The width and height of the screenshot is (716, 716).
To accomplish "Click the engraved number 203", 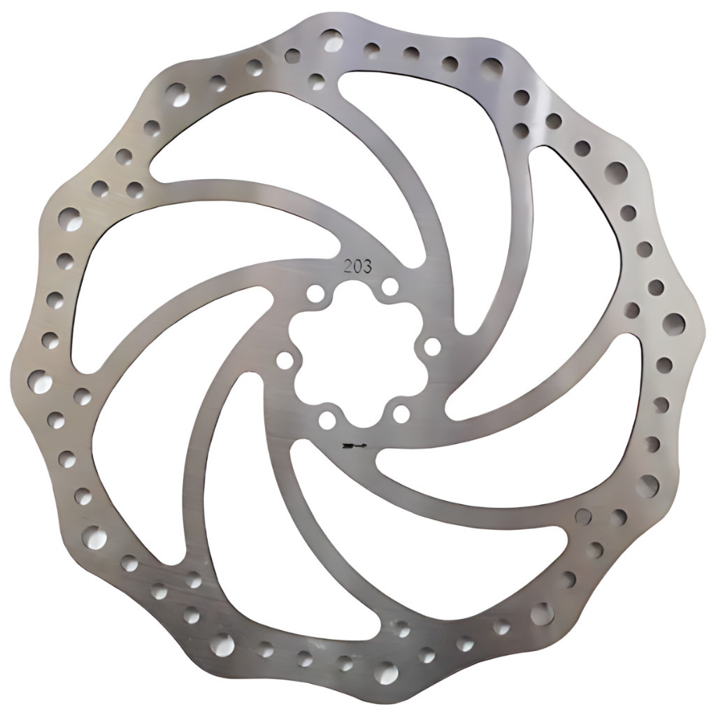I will click(357, 266).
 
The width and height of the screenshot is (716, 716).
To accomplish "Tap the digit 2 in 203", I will click(348, 266).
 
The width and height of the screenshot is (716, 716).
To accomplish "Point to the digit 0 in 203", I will click(357, 266).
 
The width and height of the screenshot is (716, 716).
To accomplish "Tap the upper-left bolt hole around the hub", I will click(316, 292).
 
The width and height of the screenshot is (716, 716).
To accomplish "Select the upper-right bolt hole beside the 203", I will click(390, 286).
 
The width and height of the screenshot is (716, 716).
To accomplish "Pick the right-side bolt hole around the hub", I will click(432, 346).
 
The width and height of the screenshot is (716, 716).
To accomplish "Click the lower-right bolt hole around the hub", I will click(401, 414).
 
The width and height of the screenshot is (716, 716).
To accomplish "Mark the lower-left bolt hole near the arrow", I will click(327, 420).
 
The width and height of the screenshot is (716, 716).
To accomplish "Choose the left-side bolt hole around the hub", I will click(285, 360).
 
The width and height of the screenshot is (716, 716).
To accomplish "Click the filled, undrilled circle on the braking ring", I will click(582, 517).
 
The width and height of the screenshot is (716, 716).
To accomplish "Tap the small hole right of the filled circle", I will click(617, 517).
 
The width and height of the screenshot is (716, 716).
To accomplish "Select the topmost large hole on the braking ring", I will click(333, 40).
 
